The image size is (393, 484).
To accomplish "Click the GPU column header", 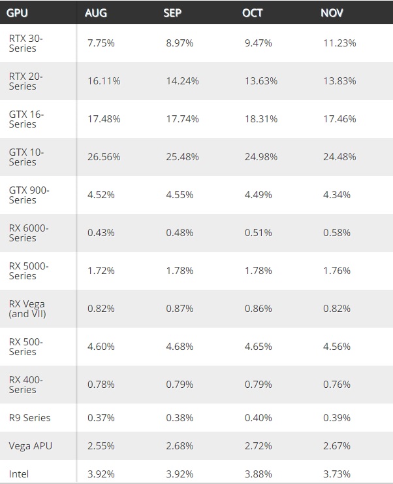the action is pyautogui.click(x=17, y=13).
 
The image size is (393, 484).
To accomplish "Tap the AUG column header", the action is pyautogui.click(x=96, y=13).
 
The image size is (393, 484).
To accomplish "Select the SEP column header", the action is pyautogui.click(x=172, y=13).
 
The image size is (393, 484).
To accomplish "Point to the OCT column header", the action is pyautogui.click(x=252, y=13).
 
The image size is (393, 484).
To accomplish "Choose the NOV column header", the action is pyautogui.click(x=332, y=13).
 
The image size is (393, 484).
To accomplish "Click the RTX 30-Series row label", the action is pyautogui.click(x=26, y=43).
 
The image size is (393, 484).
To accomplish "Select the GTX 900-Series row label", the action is pyautogui.click(x=29, y=195).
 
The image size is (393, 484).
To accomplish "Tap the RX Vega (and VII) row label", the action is pyautogui.click(x=27, y=309).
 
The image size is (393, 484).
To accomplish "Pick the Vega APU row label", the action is pyautogui.click(x=31, y=446).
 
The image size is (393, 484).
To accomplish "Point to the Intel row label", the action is pyautogui.click(x=19, y=474).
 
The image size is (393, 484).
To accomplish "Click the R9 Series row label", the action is pyautogui.click(x=29, y=418).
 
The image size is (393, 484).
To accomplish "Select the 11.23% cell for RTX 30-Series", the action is pyautogui.click(x=339, y=43).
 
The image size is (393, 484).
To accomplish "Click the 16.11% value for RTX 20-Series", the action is pyautogui.click(x=104, y=81).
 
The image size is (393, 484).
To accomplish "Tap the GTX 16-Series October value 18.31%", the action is pyautogui.click(x=261, y=119).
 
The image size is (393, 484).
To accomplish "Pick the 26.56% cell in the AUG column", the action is pyautogui.click(x=104, y=157).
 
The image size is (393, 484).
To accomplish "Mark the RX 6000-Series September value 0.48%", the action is pyautogui.click(x=180, y=233).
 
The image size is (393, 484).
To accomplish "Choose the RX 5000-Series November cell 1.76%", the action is pyautogui.click(x=337, y=271).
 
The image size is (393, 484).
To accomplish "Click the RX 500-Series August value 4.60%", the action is pyautogui.click(x=101, y=347).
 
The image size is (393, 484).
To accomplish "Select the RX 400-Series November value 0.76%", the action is pyautogui.click(x=337, y=385).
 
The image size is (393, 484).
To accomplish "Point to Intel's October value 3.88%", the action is pyautogui.click(x=258, y=474).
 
